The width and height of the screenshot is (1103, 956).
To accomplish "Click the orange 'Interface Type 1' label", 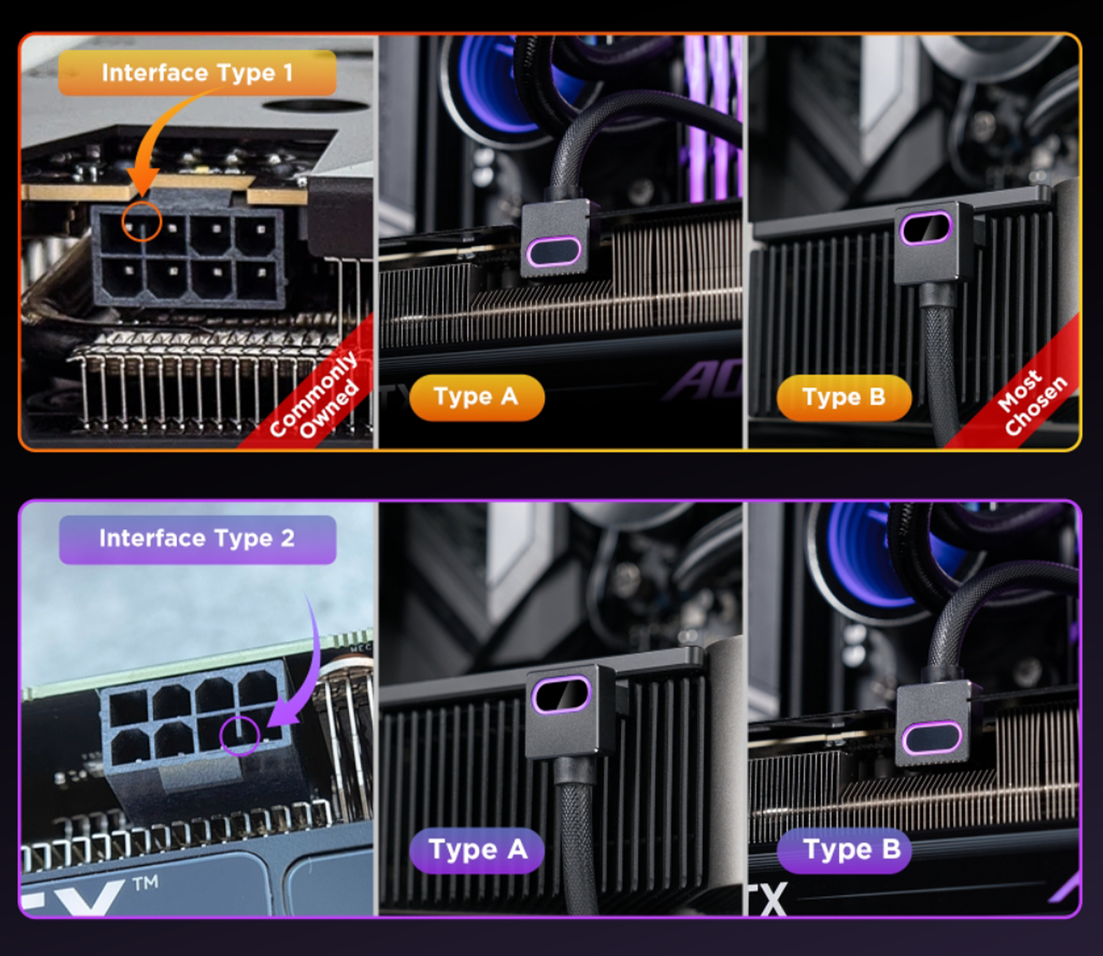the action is (197, 73).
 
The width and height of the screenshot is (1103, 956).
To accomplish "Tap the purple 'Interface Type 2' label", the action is (198, 539).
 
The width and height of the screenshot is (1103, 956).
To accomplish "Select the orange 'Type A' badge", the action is (476, 397).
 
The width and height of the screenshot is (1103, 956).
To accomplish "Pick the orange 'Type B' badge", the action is (843, 398).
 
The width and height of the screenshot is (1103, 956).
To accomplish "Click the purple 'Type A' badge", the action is (477, 850).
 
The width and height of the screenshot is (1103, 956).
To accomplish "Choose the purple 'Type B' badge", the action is (844, 850).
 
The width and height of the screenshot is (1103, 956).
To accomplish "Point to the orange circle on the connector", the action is (141, 203).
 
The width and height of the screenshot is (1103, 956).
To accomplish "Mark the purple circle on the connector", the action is (240, 717).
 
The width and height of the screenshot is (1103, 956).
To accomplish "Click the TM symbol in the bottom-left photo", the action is (146, 883).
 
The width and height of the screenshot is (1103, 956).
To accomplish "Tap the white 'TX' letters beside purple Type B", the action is (768, 899).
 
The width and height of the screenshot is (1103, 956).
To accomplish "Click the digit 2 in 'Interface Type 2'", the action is (287, 538).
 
